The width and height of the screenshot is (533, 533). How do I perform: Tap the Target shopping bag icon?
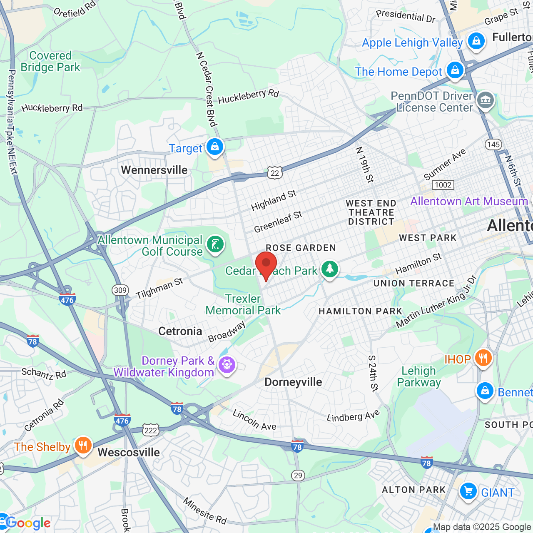click(x=215, y=147)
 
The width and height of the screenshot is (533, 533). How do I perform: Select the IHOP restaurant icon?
click(x=483, y=358)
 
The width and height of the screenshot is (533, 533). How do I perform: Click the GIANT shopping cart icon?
click(x=468, y=492)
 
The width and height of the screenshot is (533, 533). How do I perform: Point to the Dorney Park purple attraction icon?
click(x=227, y=365)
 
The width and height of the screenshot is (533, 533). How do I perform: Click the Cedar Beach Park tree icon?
click(x=330, y=269)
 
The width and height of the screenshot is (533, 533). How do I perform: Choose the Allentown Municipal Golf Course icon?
click(x=215, y=244)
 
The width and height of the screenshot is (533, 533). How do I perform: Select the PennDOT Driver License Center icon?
click(x=486, y=100)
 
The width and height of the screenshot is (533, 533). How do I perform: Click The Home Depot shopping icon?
click(x=455, y=70)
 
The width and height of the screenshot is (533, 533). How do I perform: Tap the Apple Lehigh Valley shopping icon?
click(x=476, y=41)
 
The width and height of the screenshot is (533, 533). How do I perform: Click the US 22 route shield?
click(x=275, y=173)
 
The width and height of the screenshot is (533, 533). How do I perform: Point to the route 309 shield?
click(x=120, y=290)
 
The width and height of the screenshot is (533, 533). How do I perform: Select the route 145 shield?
click(x=493, y=144)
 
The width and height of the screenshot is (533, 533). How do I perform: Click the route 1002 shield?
click(x=443, y=185)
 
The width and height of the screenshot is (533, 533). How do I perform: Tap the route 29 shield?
click(x=298, y=476)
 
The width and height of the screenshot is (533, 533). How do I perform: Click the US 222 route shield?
click(x=151, y=430)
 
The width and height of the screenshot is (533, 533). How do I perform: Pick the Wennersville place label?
click(x=154, y=170)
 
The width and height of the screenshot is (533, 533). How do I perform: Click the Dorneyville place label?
click(x=293, y=382)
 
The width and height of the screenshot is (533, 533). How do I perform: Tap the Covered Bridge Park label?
click(x=50, y=61)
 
